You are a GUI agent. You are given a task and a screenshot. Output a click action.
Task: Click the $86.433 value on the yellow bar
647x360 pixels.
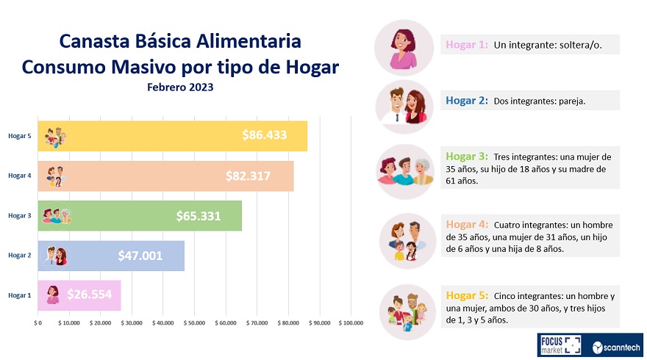[264, 135]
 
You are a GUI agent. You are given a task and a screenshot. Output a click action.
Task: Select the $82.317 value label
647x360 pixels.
[248, 176]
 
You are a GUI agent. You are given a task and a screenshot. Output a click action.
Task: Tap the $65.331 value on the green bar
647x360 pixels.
[199, 216]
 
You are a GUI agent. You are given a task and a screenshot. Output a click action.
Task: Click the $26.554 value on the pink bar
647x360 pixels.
[90, 295]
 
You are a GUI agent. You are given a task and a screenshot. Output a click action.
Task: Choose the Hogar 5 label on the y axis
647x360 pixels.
[19, 136]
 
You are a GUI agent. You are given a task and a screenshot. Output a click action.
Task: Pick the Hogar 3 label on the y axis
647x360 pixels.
[19, 215]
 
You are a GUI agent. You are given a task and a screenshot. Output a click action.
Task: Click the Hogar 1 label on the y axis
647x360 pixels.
[19, 295]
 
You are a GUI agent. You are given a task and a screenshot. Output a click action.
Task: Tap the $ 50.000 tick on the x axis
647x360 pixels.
[195, 323]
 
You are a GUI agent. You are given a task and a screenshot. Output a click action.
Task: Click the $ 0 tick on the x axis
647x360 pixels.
[38, 323]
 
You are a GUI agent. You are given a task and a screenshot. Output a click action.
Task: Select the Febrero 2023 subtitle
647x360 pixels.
[180, 87]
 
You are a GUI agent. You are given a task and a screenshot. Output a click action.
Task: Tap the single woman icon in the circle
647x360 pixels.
[404, 46]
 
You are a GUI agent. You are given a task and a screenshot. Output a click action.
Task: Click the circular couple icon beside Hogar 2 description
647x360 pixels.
[404, 104]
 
